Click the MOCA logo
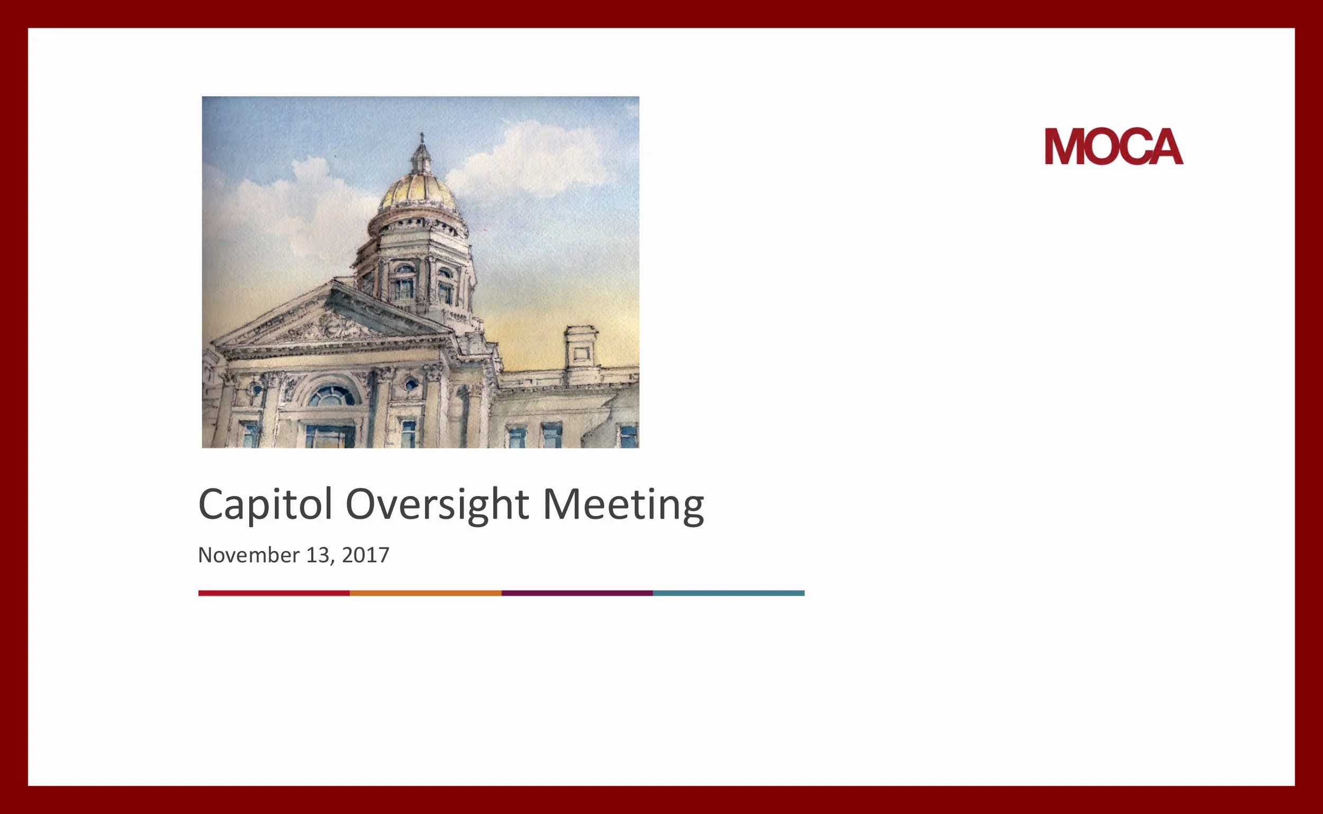pyautogui.click(x=1113, y=147)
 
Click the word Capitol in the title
pyautogui.click(x=265, y=505)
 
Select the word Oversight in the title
pyautogui.click(x=437, y=505)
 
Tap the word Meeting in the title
pyautogui.click(x=623, y=505)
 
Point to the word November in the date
pyautogui.click(x=248, y=555)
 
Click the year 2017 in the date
pyautogui.click(x=365, y=555)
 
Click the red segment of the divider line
pyautogui.click(x=274, y=593)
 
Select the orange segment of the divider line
pyautogui.click(x=425, y=593)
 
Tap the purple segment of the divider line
pyautogui.click(x=577, y=593)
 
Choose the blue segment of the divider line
pyautogui.click(x=728, y=593)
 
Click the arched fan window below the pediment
pyautogui.click(x=331, y=397)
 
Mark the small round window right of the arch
pyautogui.click(x=411, y=384)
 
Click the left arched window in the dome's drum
pyautogui.click(x=404, y=282)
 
